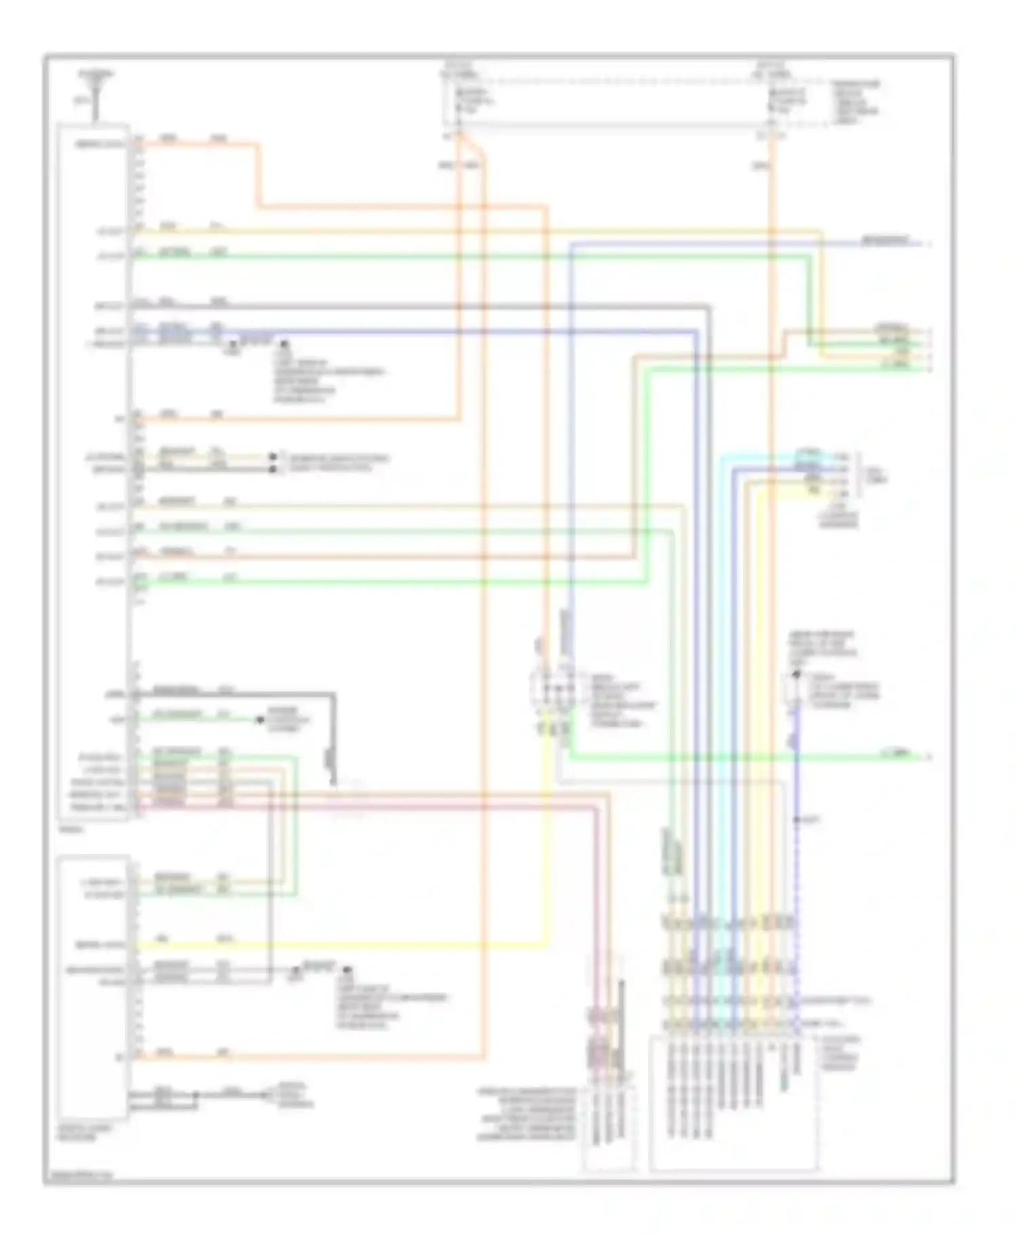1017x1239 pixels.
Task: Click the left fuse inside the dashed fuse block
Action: coord(459,102)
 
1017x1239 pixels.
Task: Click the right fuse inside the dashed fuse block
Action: coord(771,102)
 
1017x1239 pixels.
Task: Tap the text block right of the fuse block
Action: coord(856,102)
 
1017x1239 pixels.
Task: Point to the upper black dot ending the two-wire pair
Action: coord(273,458)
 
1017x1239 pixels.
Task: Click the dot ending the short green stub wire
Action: coord(260,719)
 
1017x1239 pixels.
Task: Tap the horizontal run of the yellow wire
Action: coord(339,944)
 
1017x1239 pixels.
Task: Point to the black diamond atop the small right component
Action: coord(797,675)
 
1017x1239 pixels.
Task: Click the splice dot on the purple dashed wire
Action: coord(797,820)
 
